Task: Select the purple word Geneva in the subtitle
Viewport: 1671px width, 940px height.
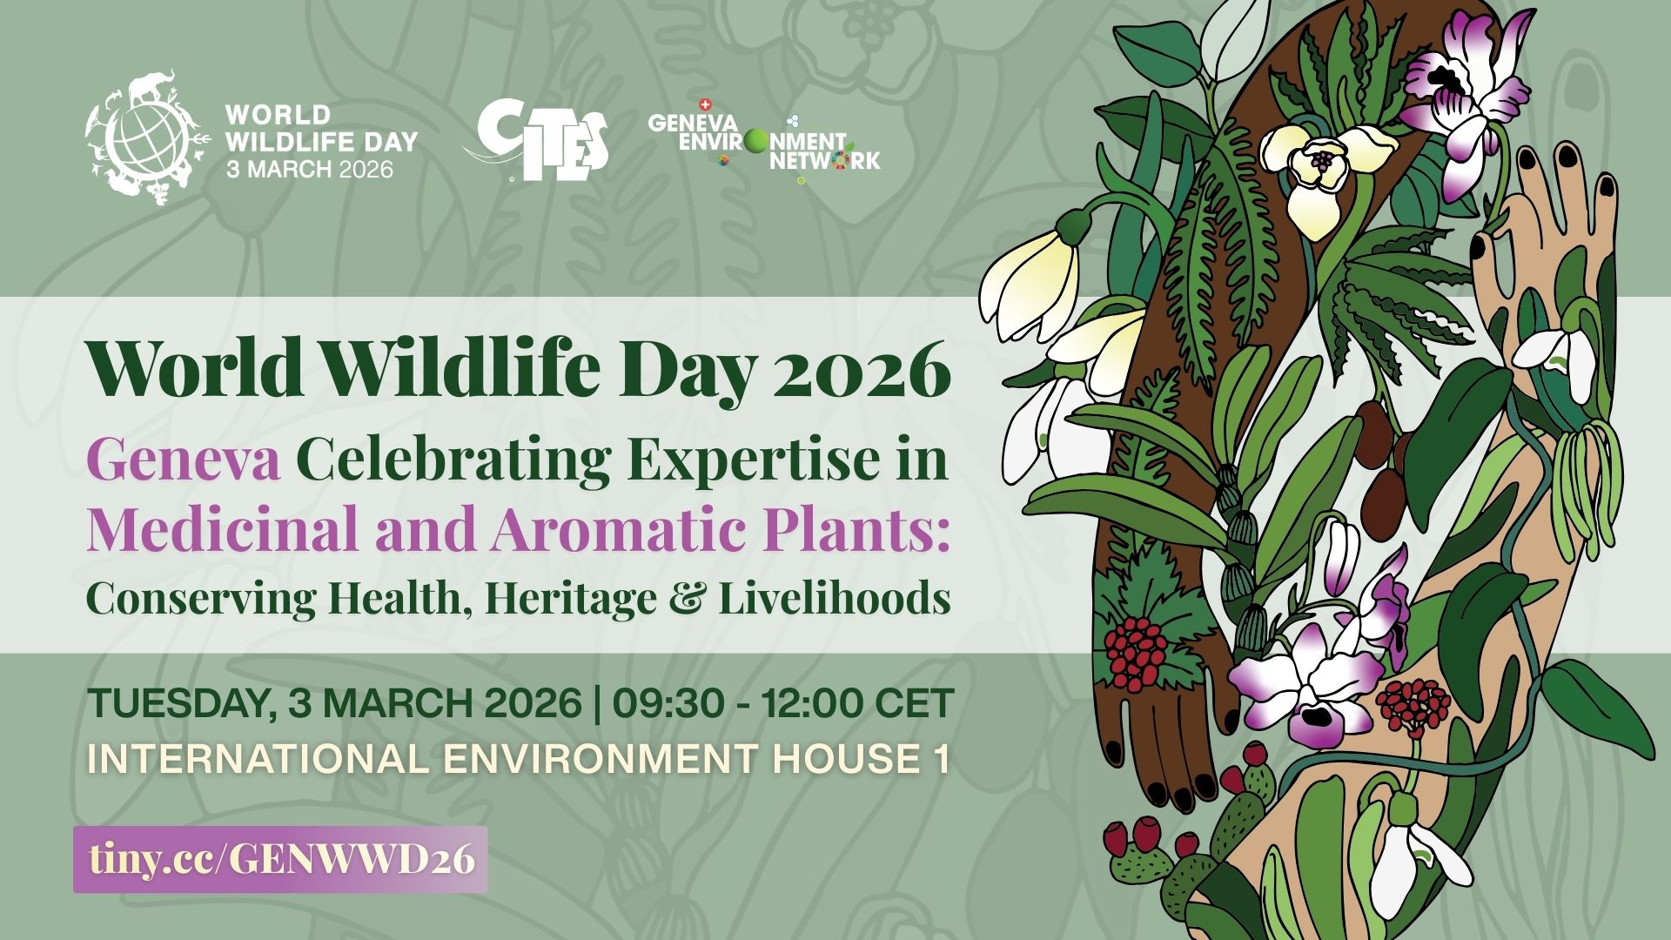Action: pos(184,460)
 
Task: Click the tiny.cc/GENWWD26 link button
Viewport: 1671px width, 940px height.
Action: pos(280,859)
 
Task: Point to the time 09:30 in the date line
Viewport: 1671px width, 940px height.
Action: pos(668,703)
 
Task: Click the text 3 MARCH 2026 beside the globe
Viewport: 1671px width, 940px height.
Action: pos(309,169)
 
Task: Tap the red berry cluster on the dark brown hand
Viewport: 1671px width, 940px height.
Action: pos(1137,654)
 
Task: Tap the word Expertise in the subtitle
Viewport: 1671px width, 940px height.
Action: pos(748,462)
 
